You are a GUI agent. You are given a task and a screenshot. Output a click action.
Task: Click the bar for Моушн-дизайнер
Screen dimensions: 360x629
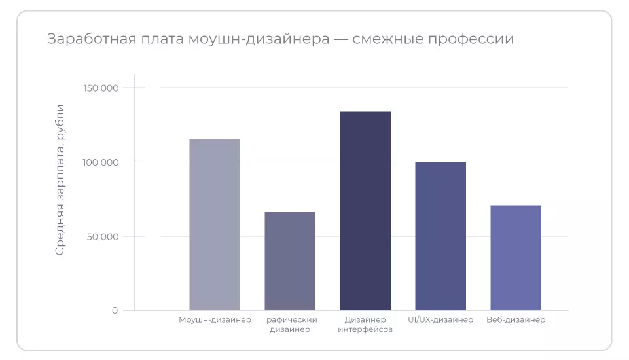[x=215, y=225]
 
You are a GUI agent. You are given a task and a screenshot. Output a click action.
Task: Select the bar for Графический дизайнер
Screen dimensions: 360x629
[x=290, y=261]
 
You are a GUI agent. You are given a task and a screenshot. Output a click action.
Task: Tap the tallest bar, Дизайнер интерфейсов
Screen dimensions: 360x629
[x=365, y=211]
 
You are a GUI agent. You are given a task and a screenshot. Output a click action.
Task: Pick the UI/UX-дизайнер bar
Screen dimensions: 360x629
[x=440, y=236]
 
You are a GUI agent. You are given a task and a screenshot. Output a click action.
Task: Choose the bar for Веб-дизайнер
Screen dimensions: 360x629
[x=516, y=257]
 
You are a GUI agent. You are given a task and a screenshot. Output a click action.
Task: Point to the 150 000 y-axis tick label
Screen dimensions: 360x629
[x=100, y=88]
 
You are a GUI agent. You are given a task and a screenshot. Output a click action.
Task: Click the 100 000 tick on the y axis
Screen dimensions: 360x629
[x=100, y=162]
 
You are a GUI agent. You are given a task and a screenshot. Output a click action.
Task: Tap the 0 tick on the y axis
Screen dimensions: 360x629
[x=115, y=310]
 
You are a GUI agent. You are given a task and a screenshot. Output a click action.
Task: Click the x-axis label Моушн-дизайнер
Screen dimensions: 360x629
[x=215, y=320]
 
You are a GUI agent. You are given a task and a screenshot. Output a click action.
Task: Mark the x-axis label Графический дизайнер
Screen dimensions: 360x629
[x=290, y=325]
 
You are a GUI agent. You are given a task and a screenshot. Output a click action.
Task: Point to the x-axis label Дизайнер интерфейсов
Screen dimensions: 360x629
[x=365, y=325]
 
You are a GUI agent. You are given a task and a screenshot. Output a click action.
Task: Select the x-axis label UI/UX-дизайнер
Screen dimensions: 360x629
[x=440, y=320]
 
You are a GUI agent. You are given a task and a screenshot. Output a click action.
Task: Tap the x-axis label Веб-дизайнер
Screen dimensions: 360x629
[x=516, y=320]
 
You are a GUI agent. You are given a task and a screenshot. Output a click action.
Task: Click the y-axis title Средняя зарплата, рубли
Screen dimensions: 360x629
[x=60, y=179]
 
